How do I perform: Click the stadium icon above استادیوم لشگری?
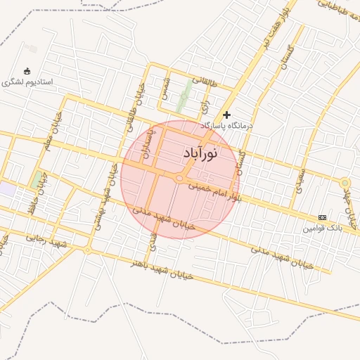point(27,70)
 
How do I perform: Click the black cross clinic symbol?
point(226,115)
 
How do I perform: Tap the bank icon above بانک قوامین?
point(322,217)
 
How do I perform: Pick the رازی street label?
point(205,105)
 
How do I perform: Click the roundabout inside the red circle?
point(179,179)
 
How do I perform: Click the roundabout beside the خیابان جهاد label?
point(345,184)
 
